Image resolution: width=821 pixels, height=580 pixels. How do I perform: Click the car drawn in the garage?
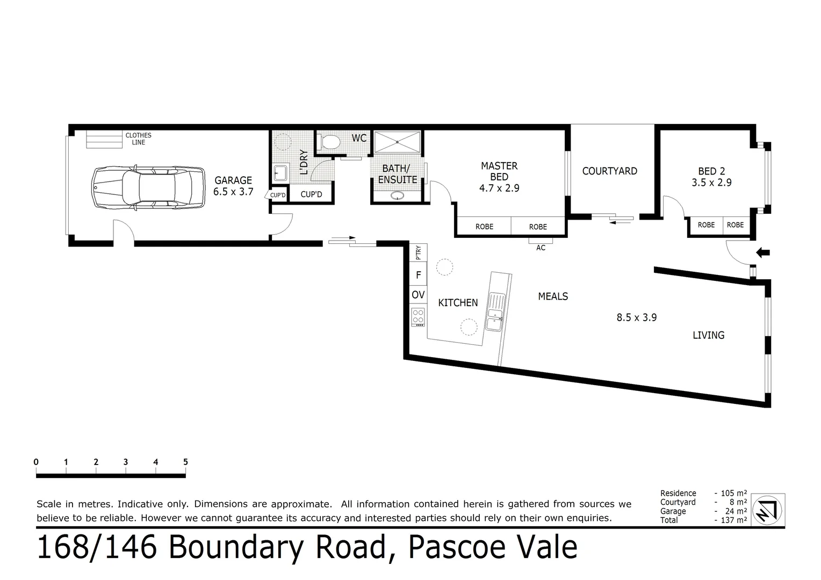(x=148, y=187)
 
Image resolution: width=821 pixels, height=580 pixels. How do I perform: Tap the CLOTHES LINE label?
(x=138, y=139)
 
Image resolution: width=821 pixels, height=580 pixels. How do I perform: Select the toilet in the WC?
(x=330, y=142)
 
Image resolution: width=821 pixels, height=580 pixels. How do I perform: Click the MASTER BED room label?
(x=499, y=171)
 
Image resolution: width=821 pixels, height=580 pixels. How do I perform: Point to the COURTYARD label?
(x=609, y=171)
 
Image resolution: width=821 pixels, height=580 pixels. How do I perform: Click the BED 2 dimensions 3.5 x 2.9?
(x=711, y=183)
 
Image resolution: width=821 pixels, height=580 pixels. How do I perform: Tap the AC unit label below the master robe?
(x=541, y=248)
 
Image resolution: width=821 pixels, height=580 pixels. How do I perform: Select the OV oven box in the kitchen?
(x=418, y=295)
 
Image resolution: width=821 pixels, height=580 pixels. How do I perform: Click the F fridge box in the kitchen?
(x=418, y=275)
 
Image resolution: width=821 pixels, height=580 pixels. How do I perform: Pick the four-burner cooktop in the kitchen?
(x=418, y=317)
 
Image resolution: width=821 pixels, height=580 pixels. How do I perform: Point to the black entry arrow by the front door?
(x=762, y=252)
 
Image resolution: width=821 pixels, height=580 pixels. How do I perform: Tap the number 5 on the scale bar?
(x=185, y=462)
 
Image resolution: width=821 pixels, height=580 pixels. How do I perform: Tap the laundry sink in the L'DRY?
(x=280, y=172)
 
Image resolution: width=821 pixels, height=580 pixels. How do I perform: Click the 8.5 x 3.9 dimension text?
(x=636, y=317)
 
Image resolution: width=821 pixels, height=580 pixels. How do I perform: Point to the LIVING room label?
(x=708, y=335)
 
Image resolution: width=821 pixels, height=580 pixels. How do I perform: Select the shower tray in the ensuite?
(x=397, y=142)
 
